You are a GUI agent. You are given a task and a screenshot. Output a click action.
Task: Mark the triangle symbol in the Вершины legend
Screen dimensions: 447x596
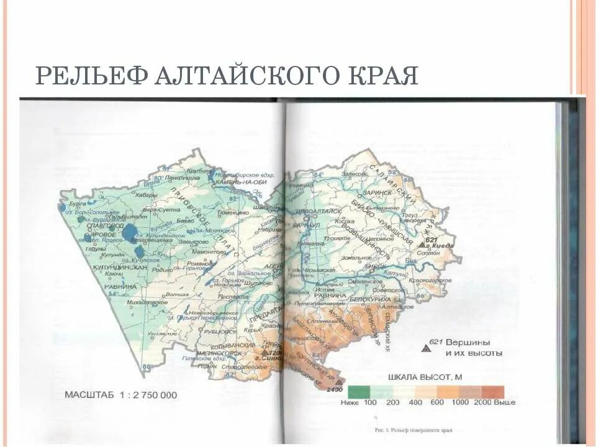[x=426, y=349]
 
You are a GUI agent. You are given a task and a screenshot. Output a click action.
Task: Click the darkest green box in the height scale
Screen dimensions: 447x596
[x=359, y=392]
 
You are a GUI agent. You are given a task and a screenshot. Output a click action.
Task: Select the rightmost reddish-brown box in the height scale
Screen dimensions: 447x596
[x=492, y=392]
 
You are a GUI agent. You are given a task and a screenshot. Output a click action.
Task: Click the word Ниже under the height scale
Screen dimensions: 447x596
[x=350, y=402]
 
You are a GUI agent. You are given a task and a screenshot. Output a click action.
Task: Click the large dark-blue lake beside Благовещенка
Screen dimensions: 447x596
[x=130, y=232]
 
